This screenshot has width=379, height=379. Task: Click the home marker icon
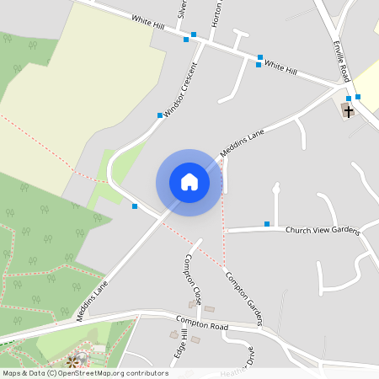(189, 182)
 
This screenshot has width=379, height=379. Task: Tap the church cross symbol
(348, 110)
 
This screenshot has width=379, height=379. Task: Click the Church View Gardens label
(323, 231)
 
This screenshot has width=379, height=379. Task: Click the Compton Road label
(202, 323)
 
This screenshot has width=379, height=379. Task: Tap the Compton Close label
(194, 280)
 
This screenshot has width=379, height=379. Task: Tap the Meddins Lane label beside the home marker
(242, 142)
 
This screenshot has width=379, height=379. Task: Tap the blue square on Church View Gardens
(267, 223)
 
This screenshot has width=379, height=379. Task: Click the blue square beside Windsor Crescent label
(159, 115)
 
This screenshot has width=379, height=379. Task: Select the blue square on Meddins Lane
(134, 206)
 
